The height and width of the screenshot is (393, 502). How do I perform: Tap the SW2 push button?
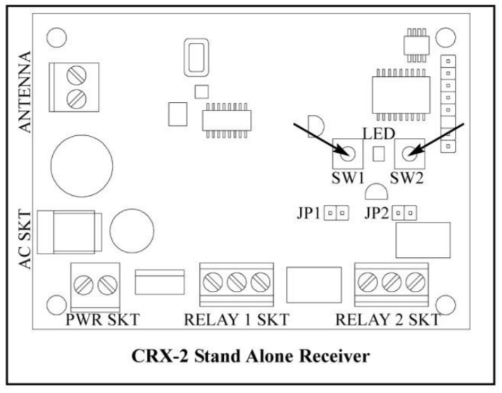tap(408, 150)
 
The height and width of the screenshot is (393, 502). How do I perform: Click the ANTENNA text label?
tap(25, 91)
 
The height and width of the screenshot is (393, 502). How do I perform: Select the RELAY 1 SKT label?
tap(236, 320)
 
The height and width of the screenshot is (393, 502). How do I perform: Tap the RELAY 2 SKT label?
tap(387, 320)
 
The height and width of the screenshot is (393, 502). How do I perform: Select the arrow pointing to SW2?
tap(440, 137)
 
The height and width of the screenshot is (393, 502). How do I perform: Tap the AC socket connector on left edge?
tap(67, 231)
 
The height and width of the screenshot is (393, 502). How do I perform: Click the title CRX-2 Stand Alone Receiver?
tap(251, 356)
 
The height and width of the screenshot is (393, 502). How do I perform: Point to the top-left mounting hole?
tap(56, 36)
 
